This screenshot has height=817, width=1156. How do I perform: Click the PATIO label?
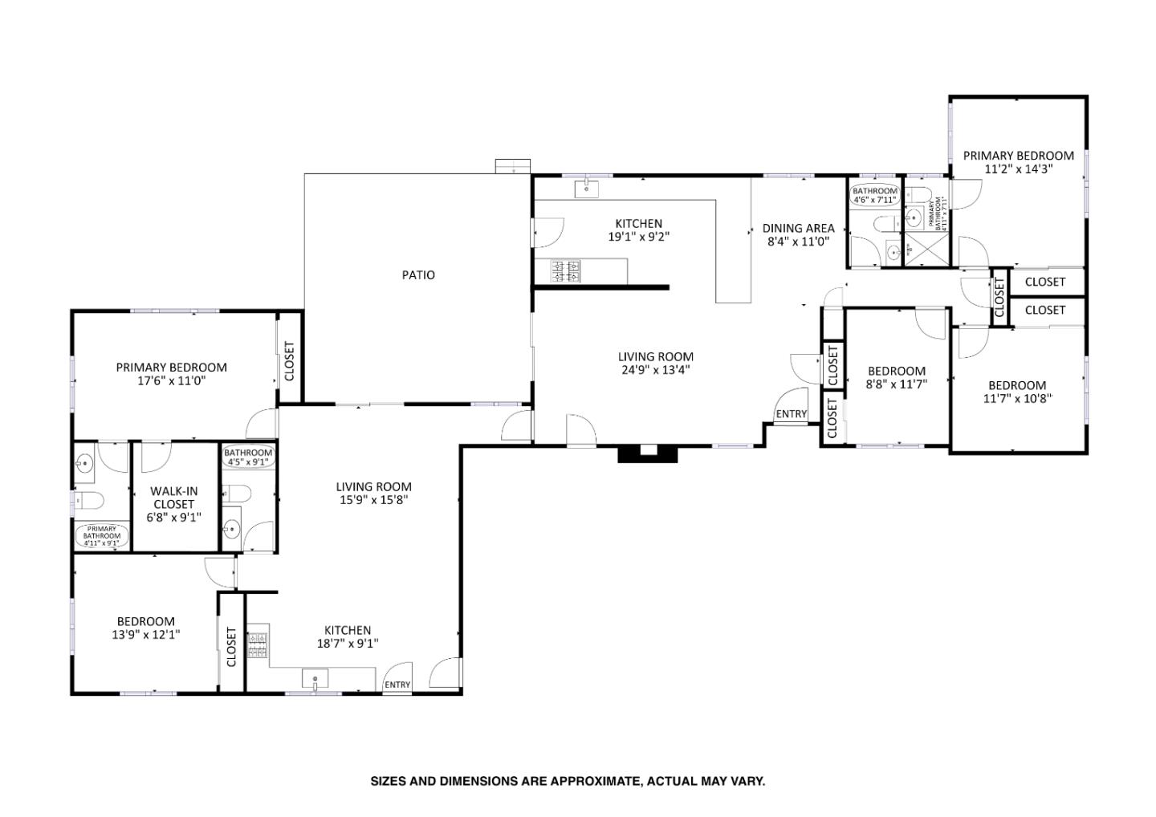418,275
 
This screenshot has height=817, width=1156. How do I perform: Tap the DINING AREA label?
798,228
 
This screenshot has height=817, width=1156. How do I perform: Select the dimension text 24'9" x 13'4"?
655,370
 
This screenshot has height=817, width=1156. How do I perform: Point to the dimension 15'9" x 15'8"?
373,500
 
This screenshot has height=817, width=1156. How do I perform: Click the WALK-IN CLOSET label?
174,498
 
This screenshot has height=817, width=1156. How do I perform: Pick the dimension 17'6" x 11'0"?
171,381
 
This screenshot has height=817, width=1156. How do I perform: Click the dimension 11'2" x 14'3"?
1018,169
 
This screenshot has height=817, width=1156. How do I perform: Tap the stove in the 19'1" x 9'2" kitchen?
566,270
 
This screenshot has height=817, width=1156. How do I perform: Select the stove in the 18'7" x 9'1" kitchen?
258,644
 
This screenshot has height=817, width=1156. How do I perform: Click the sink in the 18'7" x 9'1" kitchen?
315,680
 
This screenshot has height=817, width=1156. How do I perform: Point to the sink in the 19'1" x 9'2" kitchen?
587,189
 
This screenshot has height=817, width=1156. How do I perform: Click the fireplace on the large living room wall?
647,453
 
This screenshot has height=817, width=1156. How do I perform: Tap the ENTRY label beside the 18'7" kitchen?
397,685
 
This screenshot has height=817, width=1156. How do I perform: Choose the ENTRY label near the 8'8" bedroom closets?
792,414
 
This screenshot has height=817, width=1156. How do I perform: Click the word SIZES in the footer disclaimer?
388,780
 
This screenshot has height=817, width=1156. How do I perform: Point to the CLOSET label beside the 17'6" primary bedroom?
289,361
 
